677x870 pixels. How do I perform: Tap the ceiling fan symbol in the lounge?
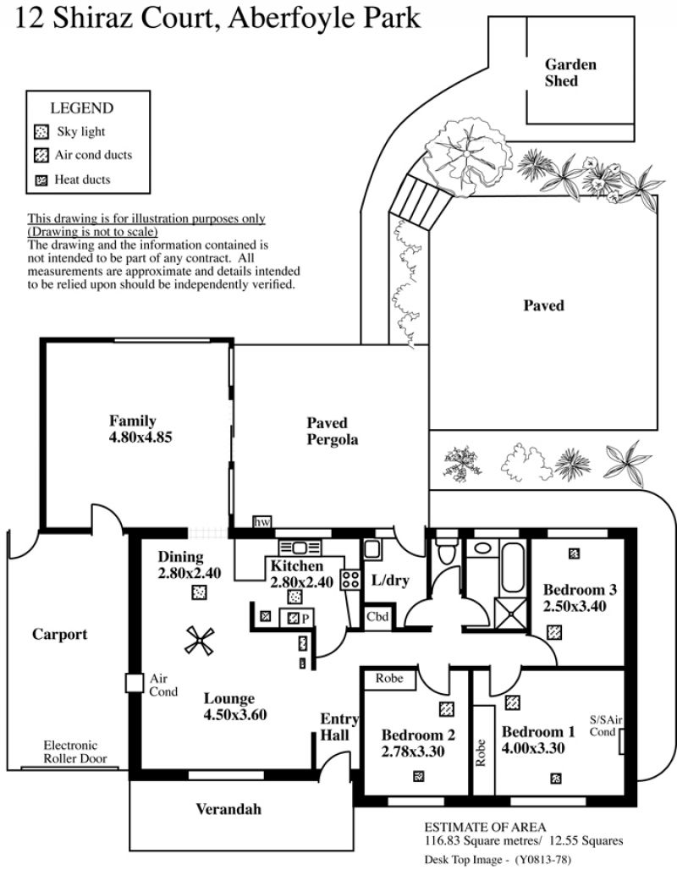click(x=200, y=641)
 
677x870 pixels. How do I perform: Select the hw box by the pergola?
click(x=262, y=522)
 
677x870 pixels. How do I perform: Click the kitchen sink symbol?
click(x=300, y=548)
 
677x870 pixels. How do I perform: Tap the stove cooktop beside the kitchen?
click(x=350, y=579)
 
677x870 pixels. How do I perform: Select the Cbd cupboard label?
click(x=377, y=616)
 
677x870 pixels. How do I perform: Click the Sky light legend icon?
click(x=41, y=132)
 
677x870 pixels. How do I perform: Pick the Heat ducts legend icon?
click(x=41, y=180)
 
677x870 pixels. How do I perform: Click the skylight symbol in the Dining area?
click(x=199, y=592)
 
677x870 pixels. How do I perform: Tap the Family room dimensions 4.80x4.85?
click(x=140, y=438)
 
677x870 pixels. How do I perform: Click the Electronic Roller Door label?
click(x=75, y=752)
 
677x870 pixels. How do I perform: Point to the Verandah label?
click(x=228, y=809)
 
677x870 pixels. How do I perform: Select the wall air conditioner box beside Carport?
click(x=135, y=683)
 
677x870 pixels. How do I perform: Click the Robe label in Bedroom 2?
click(x=389, y=678)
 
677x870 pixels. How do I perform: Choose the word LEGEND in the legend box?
click(x=82, y=108)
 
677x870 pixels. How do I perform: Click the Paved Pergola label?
click(x=332, y=431)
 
